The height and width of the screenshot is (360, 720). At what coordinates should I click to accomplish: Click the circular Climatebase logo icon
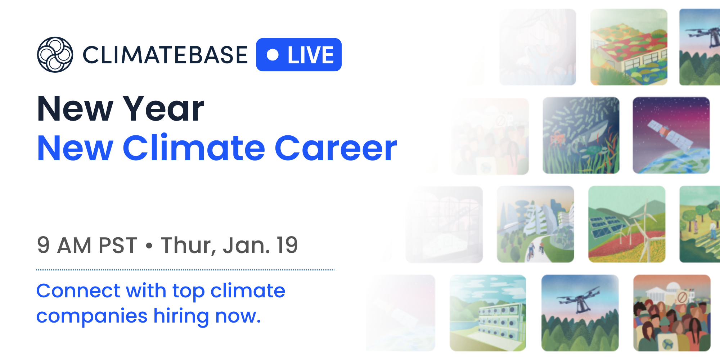coord(55,55)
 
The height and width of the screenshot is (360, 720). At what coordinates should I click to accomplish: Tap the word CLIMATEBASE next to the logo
coord(165,55)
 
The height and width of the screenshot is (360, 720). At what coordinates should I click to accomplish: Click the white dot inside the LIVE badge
coord(273,55)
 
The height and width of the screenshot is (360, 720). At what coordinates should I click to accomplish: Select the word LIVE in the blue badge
coord(311,55)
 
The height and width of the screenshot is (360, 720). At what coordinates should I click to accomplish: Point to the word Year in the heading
coord(164,108)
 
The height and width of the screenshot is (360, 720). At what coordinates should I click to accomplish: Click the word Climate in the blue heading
coord(194,148)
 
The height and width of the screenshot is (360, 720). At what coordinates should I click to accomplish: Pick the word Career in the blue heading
coord(336,148)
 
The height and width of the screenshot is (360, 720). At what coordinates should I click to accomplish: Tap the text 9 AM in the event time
coord(64,245)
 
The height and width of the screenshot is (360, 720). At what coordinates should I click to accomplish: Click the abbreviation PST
coord(118,245)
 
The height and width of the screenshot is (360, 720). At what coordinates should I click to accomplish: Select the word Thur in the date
coord(188,246)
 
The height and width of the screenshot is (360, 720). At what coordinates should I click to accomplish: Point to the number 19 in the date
coord(287,245)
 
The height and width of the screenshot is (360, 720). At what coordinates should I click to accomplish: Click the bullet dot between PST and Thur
coord(149,246)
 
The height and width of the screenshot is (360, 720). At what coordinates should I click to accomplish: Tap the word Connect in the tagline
coord(78,291)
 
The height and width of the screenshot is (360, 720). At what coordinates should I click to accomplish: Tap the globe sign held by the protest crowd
coord(668,342)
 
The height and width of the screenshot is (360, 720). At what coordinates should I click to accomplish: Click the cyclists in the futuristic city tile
coord(535,251)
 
